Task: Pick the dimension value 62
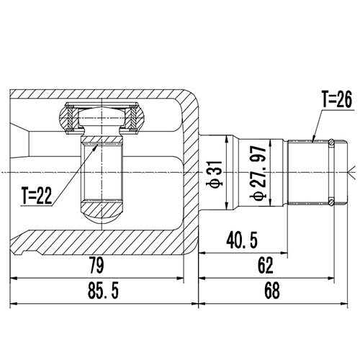266,265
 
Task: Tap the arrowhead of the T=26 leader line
315,140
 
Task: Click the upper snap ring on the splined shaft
330,143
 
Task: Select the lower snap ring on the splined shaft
330,200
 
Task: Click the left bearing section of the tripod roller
68,119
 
